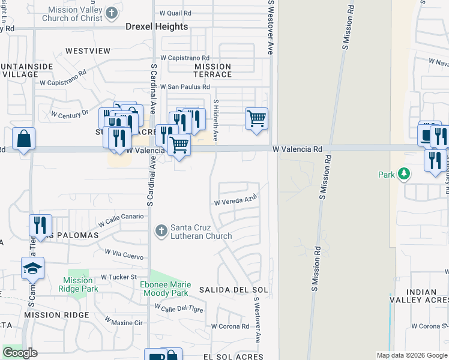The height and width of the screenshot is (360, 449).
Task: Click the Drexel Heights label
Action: (157, 27)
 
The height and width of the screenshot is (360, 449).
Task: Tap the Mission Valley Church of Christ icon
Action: (111, 13)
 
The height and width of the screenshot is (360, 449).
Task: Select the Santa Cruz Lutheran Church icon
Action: (160, 230)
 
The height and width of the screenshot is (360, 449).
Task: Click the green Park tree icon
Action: (405, 174)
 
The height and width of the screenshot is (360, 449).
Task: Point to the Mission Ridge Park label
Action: (78, 284)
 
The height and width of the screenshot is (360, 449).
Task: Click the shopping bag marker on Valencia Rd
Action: (23, 139)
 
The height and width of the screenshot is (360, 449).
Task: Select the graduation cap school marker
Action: (32, 269)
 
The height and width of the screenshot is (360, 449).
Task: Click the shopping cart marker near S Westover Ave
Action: (256, 118)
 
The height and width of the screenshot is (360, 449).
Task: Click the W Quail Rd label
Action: (175, 13)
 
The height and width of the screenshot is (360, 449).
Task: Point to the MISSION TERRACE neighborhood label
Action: (212, 70)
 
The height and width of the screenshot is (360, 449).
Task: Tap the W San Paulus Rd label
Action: (184, 87)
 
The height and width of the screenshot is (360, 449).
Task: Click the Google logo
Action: (20, 353)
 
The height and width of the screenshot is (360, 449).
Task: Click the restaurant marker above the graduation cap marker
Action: (40, 226)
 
